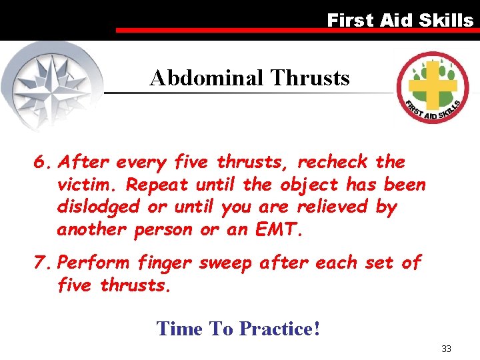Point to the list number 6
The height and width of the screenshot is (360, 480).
pyautogui.click(x=43, y=162)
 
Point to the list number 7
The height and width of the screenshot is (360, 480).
pyautogui.click(x=43, y=263)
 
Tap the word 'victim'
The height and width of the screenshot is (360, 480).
pyautogui.click(x=86, y=185)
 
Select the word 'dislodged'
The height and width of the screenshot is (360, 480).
pyautogui.click(x=100, y=207)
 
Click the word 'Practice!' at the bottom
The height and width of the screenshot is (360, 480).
pyautogui.click(x=279, y=329)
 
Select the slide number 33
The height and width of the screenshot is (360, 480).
pyautogui.click(x=446, y=349)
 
